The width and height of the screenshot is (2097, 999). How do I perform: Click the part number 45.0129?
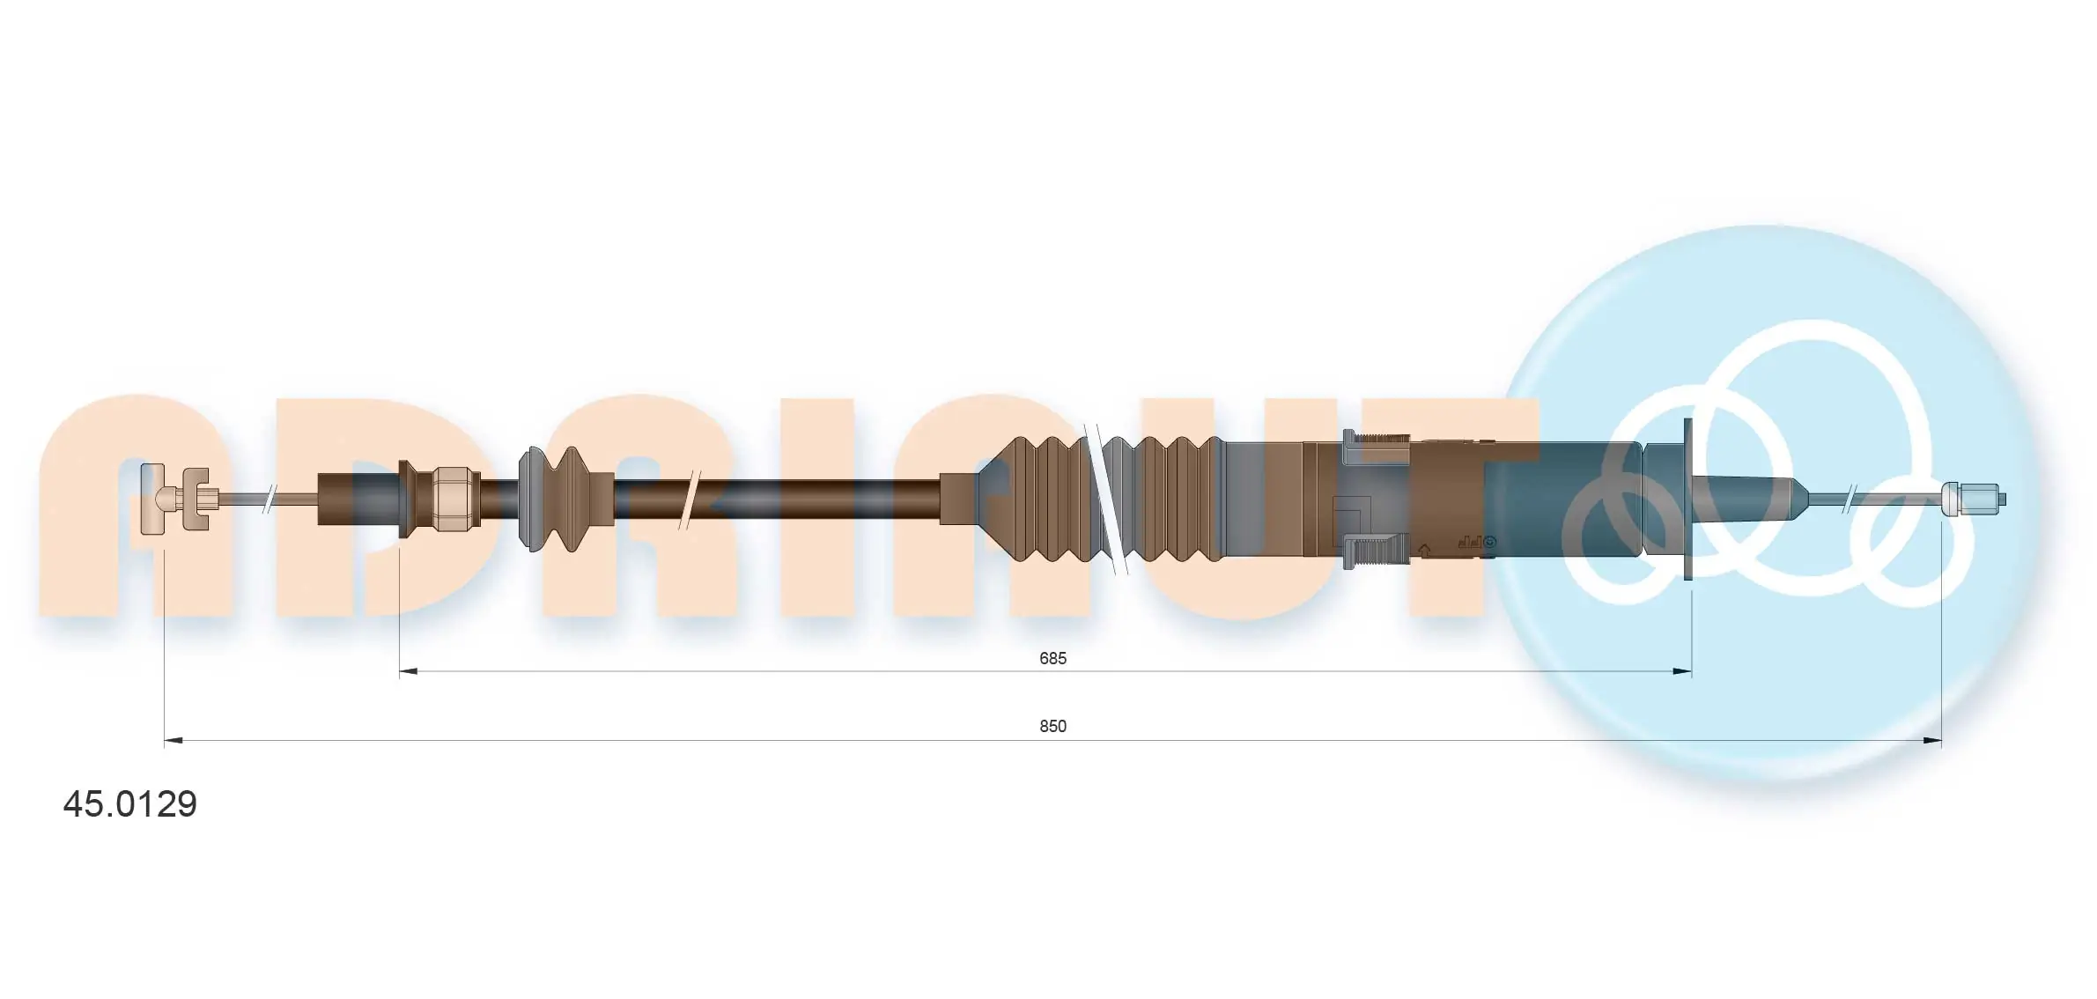click(130, 803)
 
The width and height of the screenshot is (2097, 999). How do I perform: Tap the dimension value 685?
click(1052, 658)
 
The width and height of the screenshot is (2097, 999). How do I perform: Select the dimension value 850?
click(1052, 726)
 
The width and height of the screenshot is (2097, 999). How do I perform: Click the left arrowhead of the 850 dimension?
click(174, 741)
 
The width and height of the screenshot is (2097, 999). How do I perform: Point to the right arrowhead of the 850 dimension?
click(1932, 741)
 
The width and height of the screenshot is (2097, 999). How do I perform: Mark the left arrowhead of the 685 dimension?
click(409, 671)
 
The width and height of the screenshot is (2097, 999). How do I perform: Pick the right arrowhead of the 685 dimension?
click(1682, 671)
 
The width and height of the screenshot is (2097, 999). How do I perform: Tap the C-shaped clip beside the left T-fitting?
click(194, 499)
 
